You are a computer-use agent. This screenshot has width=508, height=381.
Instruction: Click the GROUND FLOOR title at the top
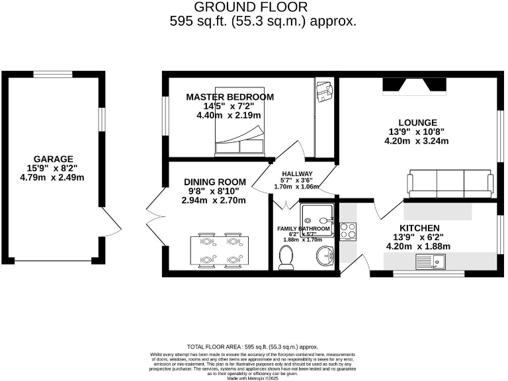(x=251, y=7)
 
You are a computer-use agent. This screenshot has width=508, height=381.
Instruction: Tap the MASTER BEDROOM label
(x=230, y=97)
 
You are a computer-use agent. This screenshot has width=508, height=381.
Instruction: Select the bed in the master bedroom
(x=239, y=141)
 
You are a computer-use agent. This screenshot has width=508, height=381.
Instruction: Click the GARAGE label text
(x=52, y=159)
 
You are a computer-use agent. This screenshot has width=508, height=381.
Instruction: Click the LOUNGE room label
(x=418, y=122)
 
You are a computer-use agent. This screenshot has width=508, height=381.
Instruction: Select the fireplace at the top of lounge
(x=415, y=85)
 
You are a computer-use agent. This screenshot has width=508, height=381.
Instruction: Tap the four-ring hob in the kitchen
(x=348, y=231)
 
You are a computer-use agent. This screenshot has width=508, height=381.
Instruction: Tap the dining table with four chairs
(x=218, y=250)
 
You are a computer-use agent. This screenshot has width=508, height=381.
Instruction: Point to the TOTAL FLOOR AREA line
(x=253, y=347)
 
